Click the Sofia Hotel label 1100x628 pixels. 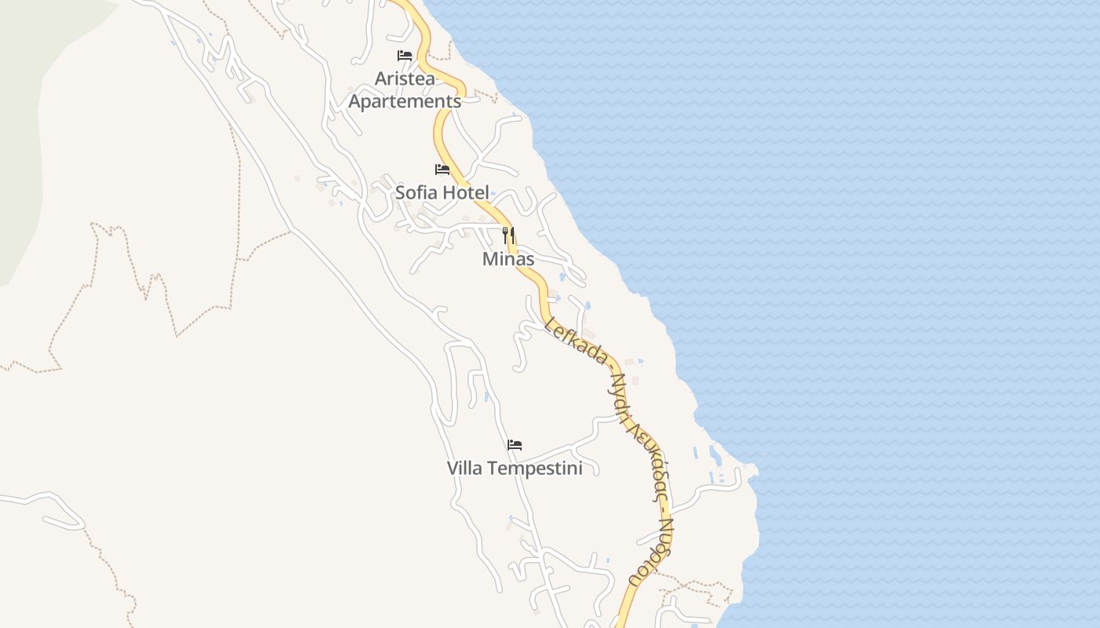442,192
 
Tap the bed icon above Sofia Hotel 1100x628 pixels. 442,169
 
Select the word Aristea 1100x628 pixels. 405,78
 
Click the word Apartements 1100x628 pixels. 405,101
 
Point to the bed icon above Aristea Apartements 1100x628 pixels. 405,56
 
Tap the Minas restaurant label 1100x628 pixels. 508,259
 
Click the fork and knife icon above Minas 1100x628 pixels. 508,235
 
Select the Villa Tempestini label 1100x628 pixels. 515,469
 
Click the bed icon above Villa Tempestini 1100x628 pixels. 515,445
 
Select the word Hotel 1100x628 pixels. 466,192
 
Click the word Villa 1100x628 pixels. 465,469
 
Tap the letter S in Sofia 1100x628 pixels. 401,192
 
